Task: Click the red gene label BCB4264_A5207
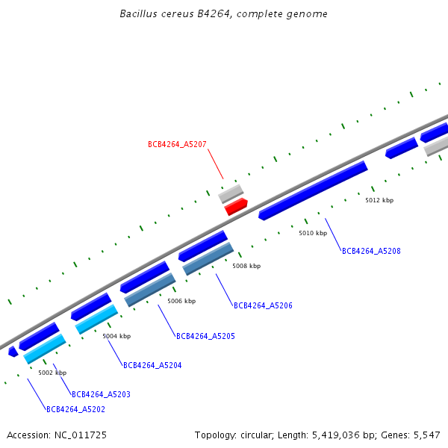(177, 144)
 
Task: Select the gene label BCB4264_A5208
(371, 252)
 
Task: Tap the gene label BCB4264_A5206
(263, 306)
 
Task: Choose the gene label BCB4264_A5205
(205, 337)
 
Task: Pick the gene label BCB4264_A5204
(152, 366)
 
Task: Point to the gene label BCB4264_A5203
(101, 394)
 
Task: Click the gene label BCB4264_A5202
(75, 409)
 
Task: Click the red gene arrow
(236, 206)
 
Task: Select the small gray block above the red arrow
(231, 194)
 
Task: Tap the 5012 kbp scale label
(379, 200)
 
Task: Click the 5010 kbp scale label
(313, 234)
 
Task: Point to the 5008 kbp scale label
(246, 266)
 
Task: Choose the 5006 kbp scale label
(181, 302)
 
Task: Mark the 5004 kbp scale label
(116, 336)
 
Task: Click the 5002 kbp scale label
(52, 373)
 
